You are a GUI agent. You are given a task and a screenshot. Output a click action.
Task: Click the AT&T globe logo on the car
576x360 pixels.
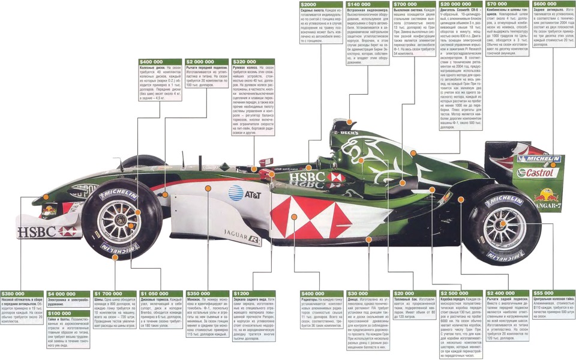[235, 193]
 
